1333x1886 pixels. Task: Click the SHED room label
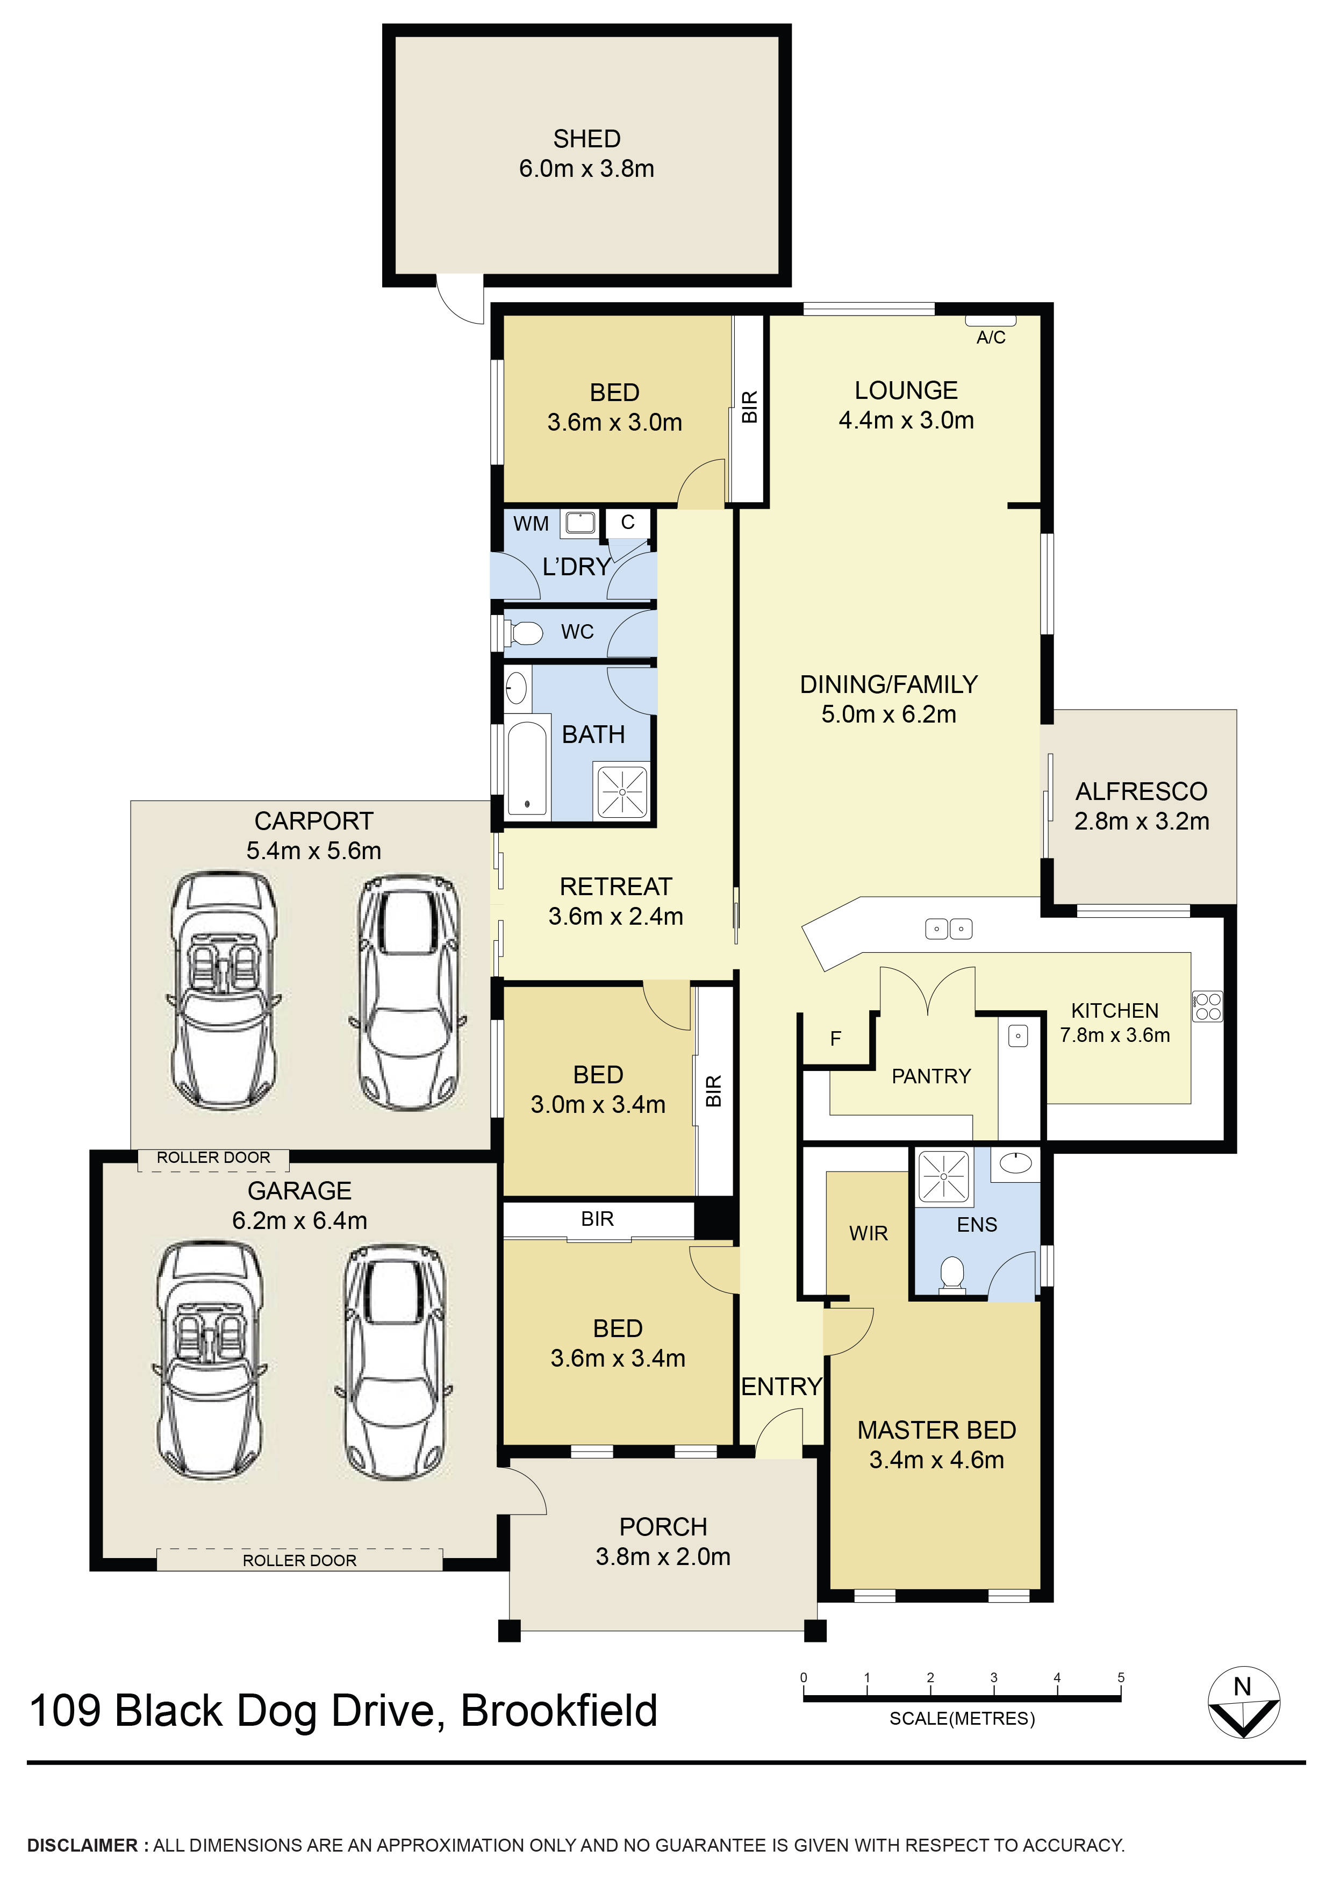(x=586, y=139)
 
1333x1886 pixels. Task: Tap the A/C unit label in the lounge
(x=991, y=338)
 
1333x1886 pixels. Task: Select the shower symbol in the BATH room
(x=622, y=792)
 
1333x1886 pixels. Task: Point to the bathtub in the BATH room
(x=526, y=768)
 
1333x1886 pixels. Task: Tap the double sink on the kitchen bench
(x=949, y=929)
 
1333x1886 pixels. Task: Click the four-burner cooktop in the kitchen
(x=1207, y=1006)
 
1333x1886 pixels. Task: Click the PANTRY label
(x=930, y=1076)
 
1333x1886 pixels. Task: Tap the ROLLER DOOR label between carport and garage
(x=213, y=1158)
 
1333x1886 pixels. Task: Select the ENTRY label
(x=781, y=1387)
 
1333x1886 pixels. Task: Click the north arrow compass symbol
(x=1243, y=1703)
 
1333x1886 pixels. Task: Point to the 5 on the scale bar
(x=1120, y=1677)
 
